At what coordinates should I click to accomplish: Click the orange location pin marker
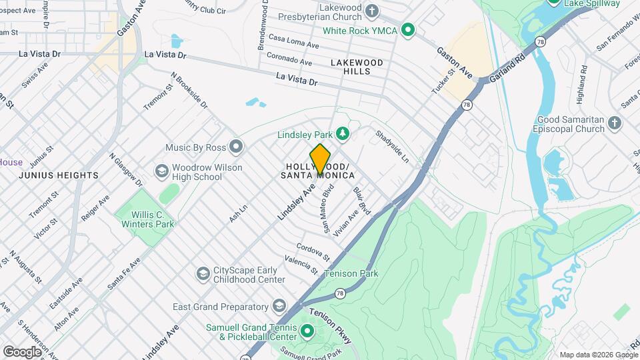point(321,159)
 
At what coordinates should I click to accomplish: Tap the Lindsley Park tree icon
point(343,135)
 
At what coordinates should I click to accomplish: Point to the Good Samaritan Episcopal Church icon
point(614,123)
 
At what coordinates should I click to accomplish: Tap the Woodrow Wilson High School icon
point(161,172)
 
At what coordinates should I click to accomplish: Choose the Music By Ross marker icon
point(236,146)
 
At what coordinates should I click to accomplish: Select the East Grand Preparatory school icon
point(279,307)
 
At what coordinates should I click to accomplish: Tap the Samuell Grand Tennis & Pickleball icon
point(307,331)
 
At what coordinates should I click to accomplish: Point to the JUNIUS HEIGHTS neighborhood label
point(59,175)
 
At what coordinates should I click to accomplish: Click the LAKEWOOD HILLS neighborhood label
point(357,67)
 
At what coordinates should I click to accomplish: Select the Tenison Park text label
point(351,273)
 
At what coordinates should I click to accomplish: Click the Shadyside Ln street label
point(391,147)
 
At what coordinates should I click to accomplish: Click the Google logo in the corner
point(22,351)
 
